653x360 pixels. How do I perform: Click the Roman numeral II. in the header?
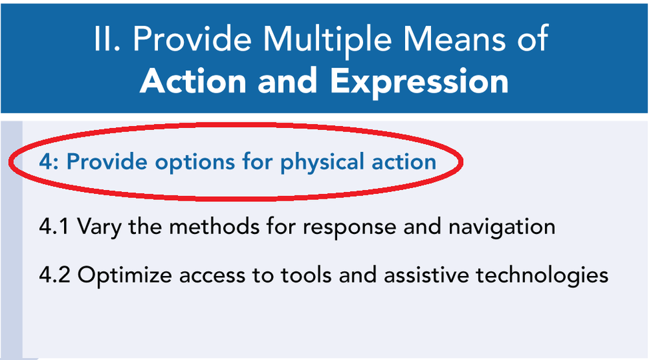107,39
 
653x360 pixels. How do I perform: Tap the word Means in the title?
454,39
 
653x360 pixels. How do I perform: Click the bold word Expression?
419,83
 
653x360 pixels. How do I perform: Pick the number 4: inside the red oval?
49,161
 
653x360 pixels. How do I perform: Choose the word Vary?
99,228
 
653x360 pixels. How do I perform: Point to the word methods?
214,226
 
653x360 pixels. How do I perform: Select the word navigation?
502,228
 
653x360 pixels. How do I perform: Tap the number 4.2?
55,275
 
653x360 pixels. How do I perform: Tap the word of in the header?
533,39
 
